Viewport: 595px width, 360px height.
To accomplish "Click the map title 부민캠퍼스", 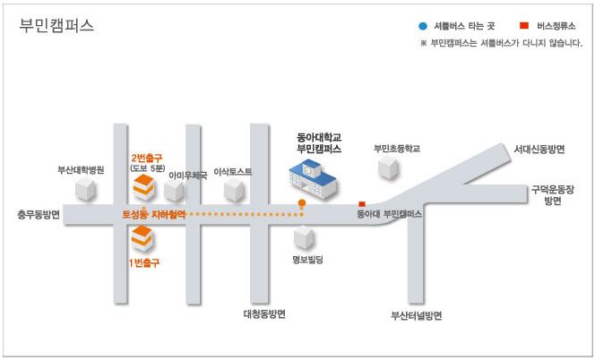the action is click(x=56, y=26).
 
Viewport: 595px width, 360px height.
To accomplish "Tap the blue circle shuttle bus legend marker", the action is click(x=423, y=26).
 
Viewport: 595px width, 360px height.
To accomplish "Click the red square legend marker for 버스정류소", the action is click(x=524, y=25).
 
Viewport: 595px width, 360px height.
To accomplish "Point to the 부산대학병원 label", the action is click(x=81, y=169).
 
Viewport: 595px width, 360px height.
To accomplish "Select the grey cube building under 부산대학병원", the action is click(x=85, y=189).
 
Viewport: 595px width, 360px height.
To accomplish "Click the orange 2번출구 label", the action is click(x=146, y=158).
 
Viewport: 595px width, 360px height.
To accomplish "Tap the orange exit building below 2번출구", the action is click(x=143, y=187).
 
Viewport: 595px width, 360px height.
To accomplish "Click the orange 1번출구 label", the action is click(x=144, y=262).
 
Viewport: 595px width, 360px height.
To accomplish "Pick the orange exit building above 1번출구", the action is click(x=142, y=238).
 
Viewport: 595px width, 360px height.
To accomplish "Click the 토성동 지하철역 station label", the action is click(x=154, y=214).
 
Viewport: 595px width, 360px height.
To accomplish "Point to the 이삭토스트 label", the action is click(x=233, y=171).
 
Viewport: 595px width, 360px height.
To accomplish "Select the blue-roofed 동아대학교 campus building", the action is click(x=313, y=179).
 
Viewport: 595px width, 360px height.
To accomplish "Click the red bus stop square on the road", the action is click(x=362, y=204).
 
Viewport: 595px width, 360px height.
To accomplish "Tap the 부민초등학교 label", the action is click(x=397, y=149).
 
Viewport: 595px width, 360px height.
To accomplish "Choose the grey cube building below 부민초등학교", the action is click(x=389, y=167).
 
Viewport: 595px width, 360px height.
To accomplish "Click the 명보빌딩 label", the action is click(x=307, y=260).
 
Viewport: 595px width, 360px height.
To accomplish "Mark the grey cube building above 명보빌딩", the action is click(x=304, y=238).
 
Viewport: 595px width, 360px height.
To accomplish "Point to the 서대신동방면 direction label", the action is click(x=539, y=149).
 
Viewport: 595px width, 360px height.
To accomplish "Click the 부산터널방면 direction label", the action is click(x=417, y=315).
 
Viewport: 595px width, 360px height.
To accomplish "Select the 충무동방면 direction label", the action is click(x=39, y=214).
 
